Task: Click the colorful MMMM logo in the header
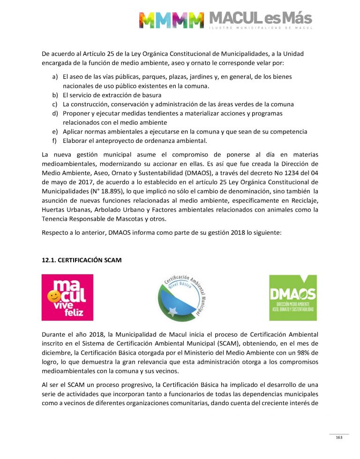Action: (x=171, y=20)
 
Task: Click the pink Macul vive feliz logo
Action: (x=67, y=297)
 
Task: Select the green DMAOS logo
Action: (x=293, y=297)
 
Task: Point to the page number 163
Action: (x=339, y=437)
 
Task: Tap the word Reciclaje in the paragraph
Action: (x=304, y=200)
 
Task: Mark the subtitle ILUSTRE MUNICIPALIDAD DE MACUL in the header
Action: (x=260, y=28)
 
